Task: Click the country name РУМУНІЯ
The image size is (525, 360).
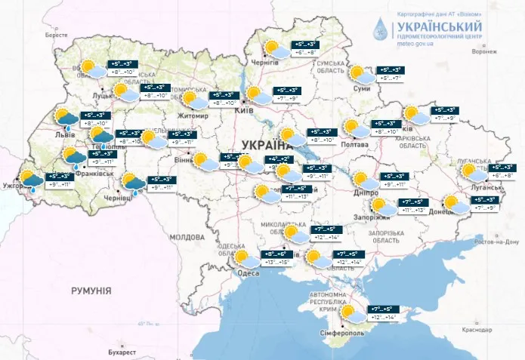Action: click(x=91, y=290)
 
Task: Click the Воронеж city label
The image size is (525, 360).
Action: click(x=484, y=52)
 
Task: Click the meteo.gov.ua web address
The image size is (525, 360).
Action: click(x=414, y=44)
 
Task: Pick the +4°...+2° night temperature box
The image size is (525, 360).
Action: click(x=279, y=159)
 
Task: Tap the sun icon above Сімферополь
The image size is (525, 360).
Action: click(x=350, y=312)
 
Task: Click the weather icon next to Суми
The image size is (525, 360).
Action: click(x=361, y=74)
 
